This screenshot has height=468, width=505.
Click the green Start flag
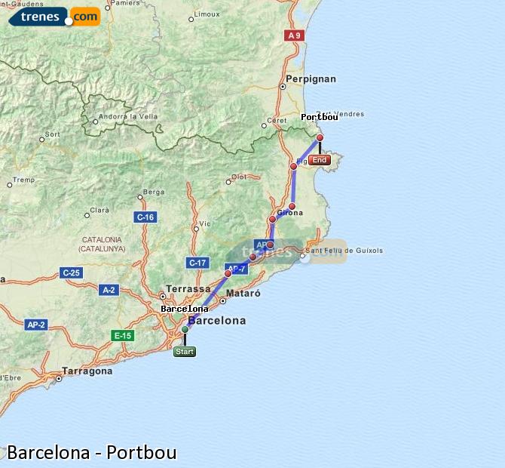click(185, 352)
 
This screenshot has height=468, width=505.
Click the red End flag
click(320, 160)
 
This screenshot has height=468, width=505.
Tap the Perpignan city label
click(311, 79)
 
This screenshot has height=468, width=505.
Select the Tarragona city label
click(87, 371)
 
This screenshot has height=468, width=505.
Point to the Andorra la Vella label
click(129, 116)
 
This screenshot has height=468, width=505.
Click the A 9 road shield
click(294, 35)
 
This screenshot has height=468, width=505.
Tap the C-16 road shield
click(145, 217)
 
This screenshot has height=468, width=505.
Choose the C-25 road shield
click(71, 272)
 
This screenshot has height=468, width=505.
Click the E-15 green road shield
click(121, 335)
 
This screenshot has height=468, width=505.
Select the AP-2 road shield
click(36, 325)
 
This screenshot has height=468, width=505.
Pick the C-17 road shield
click(197, 263)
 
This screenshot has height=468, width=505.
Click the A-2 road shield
click(109, 289)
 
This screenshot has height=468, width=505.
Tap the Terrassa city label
click(188, 288)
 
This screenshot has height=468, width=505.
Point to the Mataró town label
click(243, 293)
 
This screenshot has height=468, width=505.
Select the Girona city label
click(289, 214)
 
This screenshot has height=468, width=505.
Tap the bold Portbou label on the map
click(320, 117)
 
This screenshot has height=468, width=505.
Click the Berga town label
click(153, 192)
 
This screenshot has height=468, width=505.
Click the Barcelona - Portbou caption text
click(92, 452)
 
